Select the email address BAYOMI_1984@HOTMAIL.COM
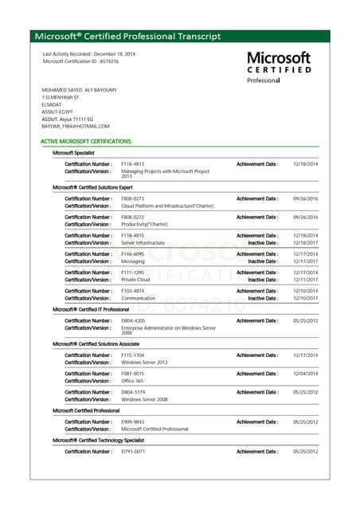76,126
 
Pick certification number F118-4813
132,164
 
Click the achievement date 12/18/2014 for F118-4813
306,164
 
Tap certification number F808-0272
132,217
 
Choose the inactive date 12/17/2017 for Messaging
306,261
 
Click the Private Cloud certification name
135,280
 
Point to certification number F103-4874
132,291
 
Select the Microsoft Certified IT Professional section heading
91,309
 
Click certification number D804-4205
132,320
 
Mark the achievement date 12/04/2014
306,374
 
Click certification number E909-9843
132,422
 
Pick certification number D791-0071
132,451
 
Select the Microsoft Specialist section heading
73,152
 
